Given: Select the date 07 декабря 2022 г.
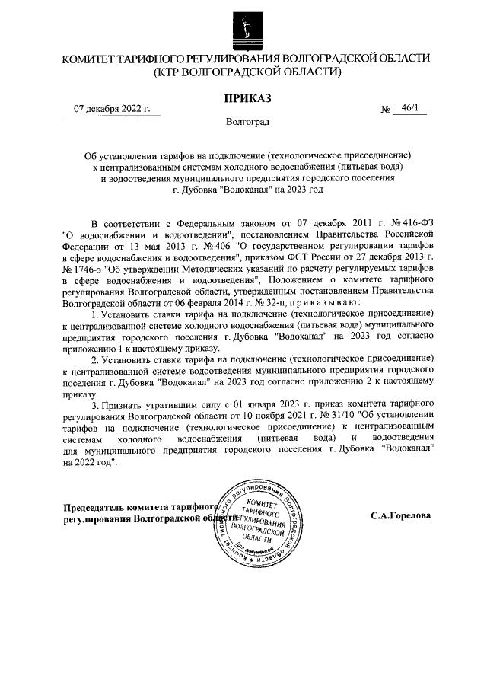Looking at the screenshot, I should [x=111, y=109].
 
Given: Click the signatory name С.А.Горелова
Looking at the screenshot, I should [x=400, y=515].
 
